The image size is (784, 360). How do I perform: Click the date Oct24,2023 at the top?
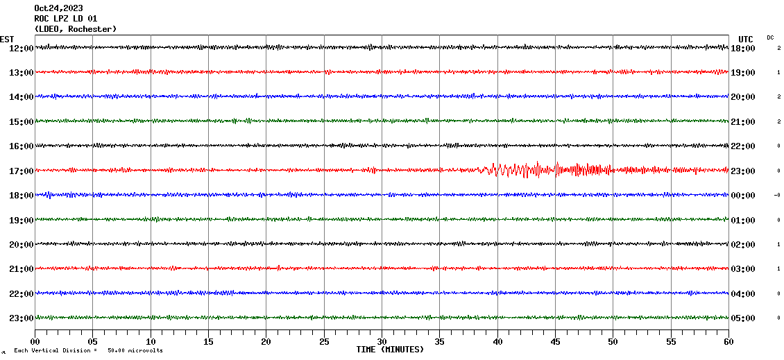[x=58, y=8]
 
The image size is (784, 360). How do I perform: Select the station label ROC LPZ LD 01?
[x=66, y=19]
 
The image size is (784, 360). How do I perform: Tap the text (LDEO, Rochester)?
[x=75, y=29]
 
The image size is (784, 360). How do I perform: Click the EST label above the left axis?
[x=7, y=39]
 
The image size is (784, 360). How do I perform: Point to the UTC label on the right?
[x=746, y=39]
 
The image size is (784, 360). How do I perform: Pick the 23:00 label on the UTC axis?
[x=743, y=171]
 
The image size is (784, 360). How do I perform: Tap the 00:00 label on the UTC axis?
[x=743, y=196]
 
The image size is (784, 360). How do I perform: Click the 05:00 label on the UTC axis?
[x=743, y=318]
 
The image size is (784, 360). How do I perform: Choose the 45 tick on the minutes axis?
[x=555, y=341]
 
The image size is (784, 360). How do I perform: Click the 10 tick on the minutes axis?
[x=151, y=341]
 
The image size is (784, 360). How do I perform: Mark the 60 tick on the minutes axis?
[x=728, y=341]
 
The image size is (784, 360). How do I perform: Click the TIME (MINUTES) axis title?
[x=390, y=350]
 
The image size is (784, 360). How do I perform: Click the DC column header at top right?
[x=770, y=37]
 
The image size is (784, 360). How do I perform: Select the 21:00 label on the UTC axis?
[x=743, y=121]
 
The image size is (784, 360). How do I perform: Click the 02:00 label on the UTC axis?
[x=743, y=245]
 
